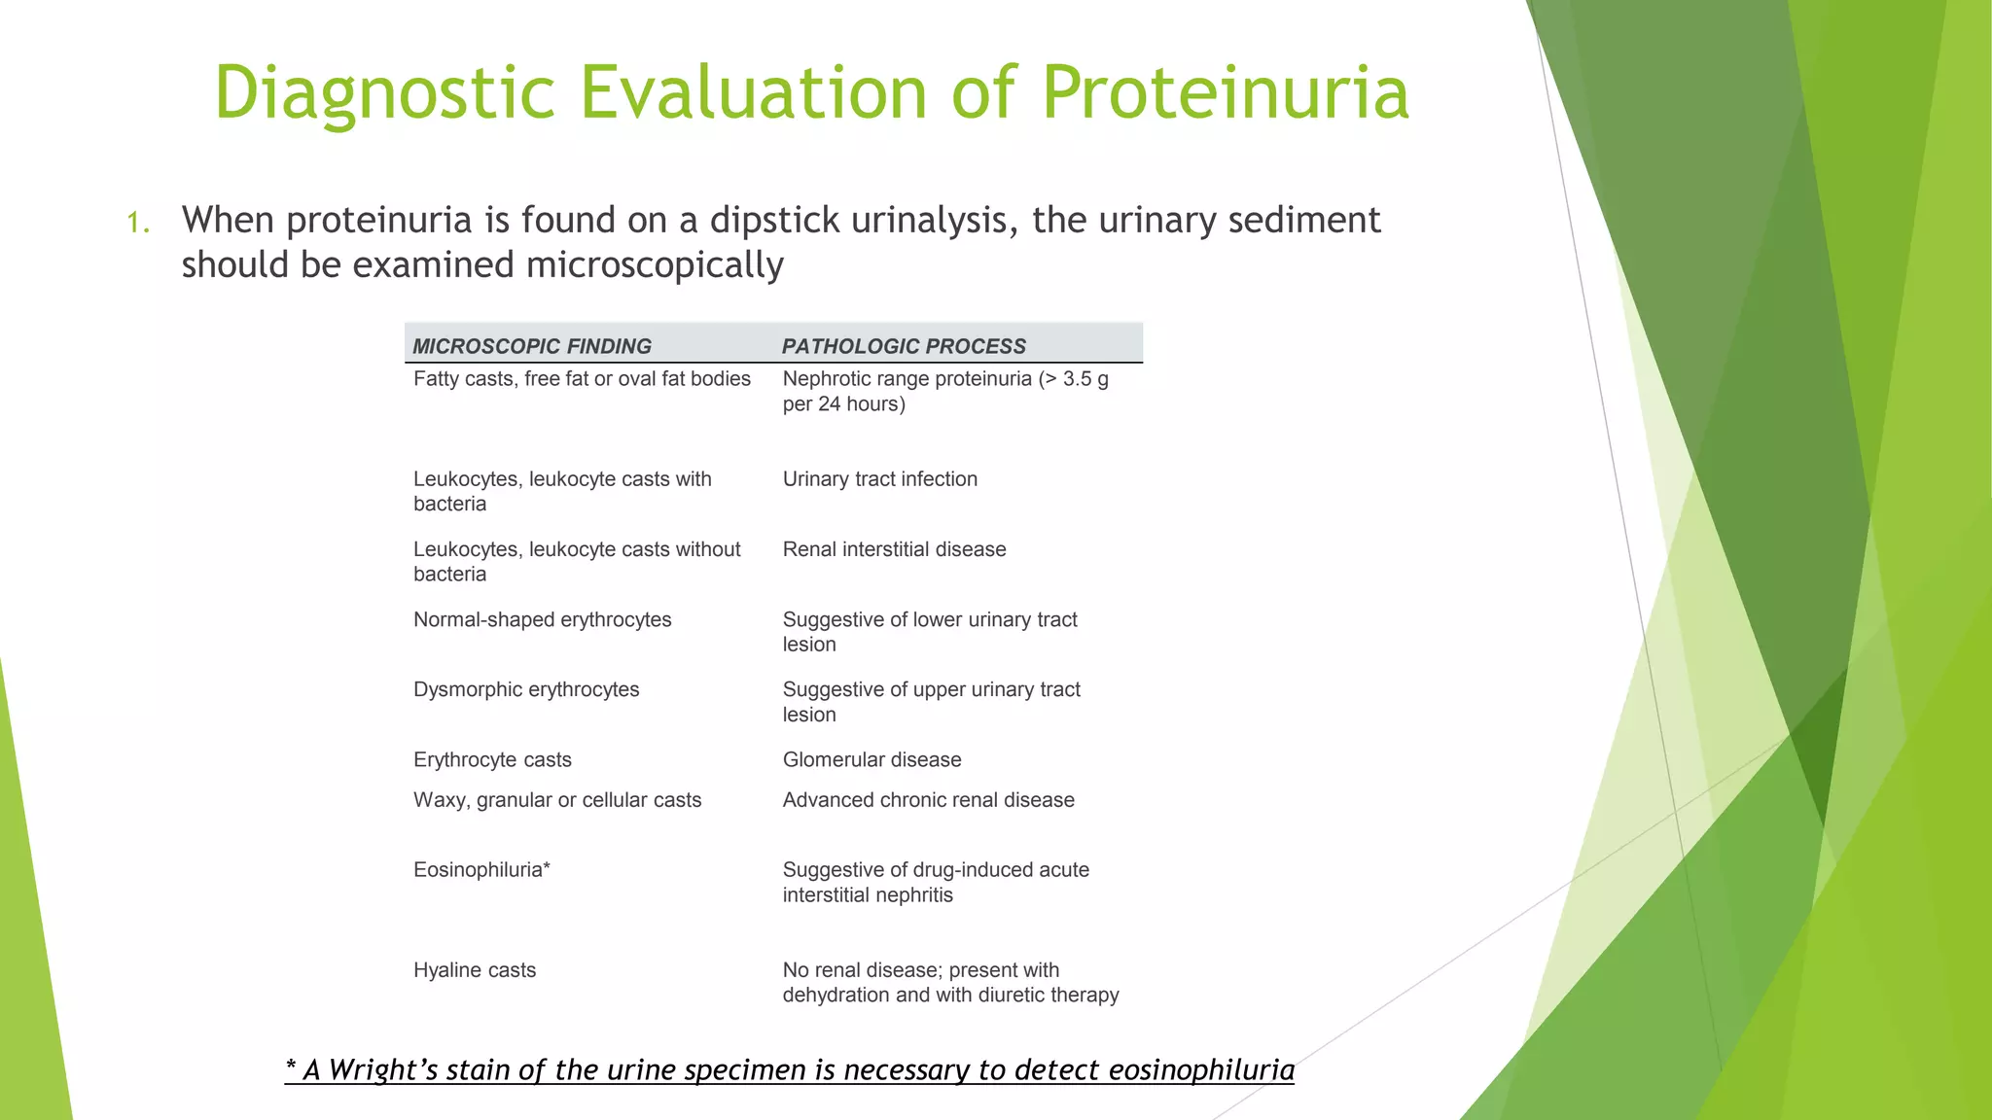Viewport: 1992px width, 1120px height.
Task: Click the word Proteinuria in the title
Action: pos(1225,92)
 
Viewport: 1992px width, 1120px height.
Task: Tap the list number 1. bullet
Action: pos(138,224)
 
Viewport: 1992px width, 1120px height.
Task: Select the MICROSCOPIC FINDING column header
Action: pos(532,346)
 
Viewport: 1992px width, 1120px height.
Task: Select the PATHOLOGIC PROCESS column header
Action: pos(904,346)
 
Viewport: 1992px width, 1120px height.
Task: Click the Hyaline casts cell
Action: pos(475,970)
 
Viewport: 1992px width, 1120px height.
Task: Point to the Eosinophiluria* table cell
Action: pos(481,870)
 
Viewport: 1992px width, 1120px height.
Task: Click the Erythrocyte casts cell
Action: pos(492,760)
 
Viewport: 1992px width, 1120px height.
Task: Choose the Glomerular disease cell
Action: pos(871,760)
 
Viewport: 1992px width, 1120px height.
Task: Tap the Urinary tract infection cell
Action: pos(879,479)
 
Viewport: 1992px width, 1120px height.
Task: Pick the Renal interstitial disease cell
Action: pos(894,549)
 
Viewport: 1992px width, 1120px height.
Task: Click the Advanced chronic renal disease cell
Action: pos(928,800)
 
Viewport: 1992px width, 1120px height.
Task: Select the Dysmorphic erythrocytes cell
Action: pos(526,690)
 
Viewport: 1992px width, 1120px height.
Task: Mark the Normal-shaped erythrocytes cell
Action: pos(542,620)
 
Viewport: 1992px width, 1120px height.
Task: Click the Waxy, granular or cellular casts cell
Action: pos(556,800)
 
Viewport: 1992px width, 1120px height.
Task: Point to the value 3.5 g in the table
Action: pos(1085,379)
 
